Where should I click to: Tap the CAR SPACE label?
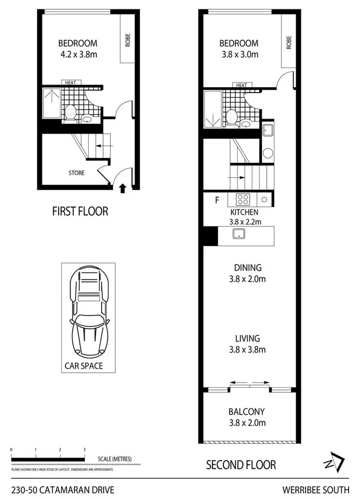(x=84, y=366)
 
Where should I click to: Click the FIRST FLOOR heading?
(x=80, y=211)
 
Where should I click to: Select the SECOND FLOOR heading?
(x=241, y=464)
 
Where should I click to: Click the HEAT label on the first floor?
(x=70, y=83)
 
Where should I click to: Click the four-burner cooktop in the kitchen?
(x=242, y=199)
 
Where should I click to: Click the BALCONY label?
(x=247, y=412)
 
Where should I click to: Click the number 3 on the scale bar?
(x=84, y=450)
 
